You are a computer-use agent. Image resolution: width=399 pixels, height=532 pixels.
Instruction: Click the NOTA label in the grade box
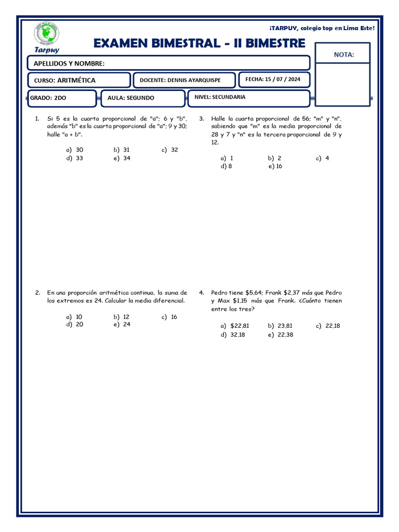343,54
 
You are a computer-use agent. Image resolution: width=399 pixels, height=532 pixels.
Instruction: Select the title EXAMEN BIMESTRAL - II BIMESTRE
199,44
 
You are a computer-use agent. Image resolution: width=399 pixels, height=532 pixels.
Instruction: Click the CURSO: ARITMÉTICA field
65,81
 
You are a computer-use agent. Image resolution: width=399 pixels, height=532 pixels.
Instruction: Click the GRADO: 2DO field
48,98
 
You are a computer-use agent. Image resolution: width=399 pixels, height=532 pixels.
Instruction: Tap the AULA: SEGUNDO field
131,98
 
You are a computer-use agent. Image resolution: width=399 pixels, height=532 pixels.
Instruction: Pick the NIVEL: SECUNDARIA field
220,97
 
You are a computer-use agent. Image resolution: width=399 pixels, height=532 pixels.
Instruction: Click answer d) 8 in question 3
226,167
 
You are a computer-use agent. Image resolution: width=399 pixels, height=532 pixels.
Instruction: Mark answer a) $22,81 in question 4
235,326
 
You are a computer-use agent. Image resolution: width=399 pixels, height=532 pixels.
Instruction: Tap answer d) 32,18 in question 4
232,335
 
